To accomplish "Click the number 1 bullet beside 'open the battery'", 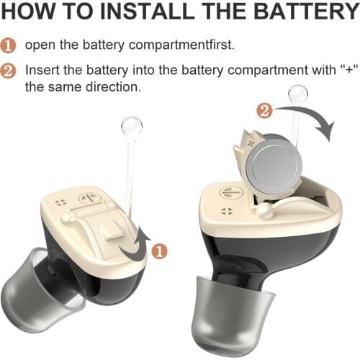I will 9,45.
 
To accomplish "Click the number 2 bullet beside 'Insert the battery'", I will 9,71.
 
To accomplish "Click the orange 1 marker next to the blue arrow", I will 160,251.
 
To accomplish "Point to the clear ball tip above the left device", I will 131,128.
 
